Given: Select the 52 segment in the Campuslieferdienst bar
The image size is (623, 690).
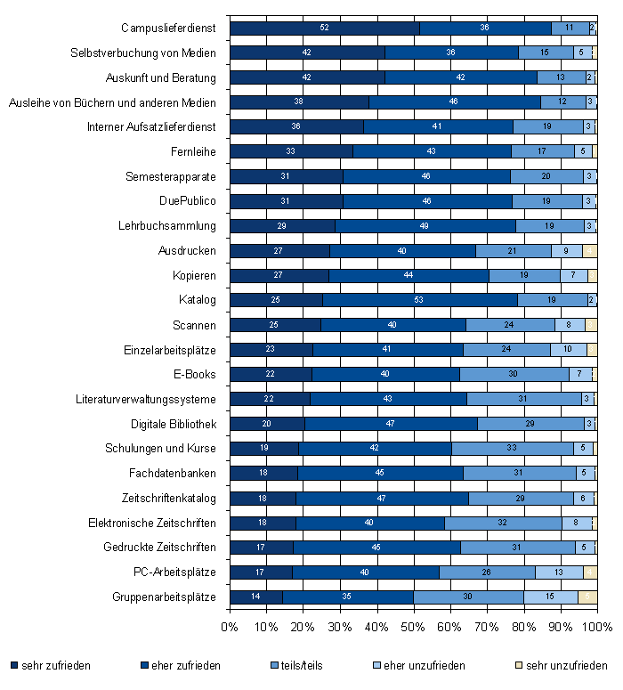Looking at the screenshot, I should [325, 28].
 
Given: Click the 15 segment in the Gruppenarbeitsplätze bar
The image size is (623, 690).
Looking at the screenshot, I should [550, 597].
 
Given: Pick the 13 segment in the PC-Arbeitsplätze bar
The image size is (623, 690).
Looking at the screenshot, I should [559, 572].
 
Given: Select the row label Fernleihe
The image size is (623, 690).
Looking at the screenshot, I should [193, 152].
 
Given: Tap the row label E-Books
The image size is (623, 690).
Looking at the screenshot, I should [195, 374].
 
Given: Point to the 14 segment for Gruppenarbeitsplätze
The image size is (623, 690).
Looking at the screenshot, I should [255, 597].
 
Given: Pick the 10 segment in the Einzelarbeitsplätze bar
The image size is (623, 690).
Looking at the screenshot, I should [568, 350].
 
